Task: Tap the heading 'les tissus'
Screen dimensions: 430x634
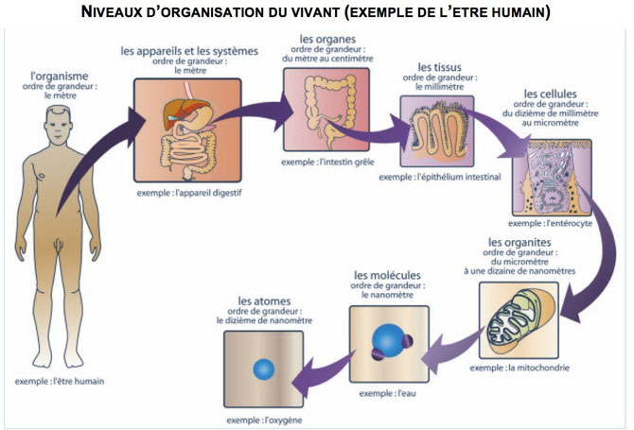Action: point(438,67)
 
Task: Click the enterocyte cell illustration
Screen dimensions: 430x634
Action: point(551,175)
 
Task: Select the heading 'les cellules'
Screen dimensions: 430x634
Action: point(552,95)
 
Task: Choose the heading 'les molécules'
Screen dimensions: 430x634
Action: point(387,275)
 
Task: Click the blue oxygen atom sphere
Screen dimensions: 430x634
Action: point(264,369)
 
